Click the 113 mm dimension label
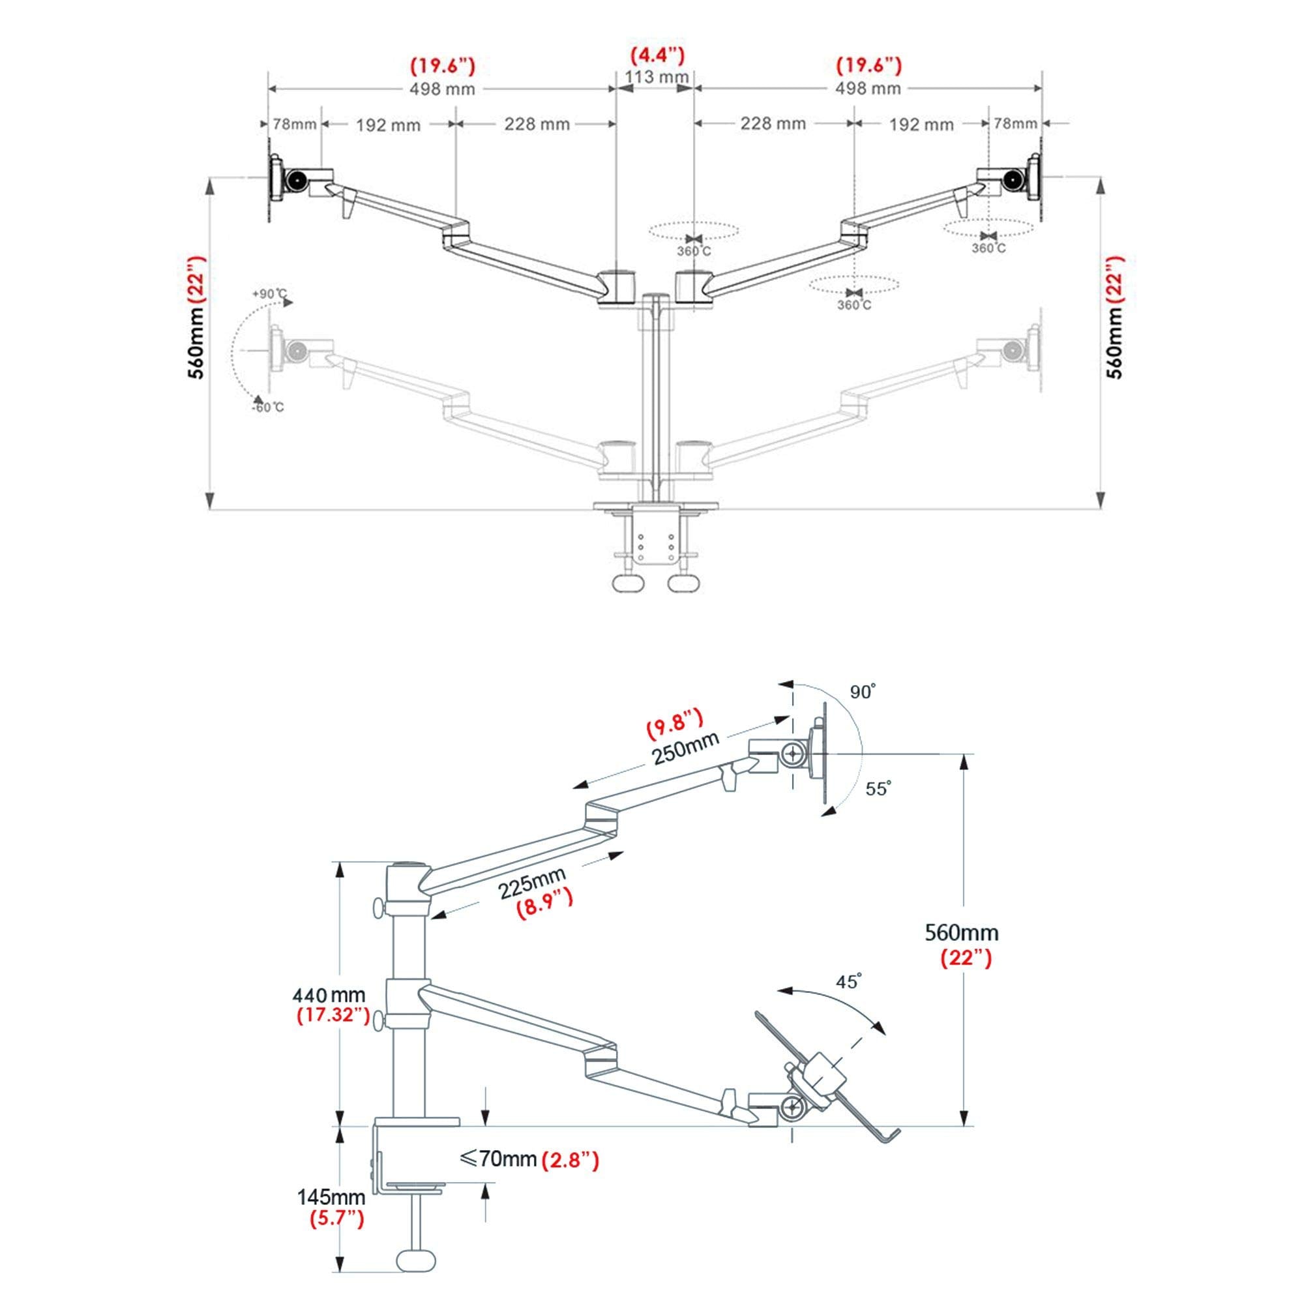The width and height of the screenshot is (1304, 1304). coord(656,77)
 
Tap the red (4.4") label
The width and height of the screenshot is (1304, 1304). coord(657,55)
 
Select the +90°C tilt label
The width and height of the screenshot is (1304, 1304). coord(269,293)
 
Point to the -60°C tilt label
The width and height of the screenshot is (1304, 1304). coord(268,407)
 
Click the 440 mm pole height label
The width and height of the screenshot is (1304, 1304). coord(329,995)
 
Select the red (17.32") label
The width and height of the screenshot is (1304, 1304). coord(333,1015)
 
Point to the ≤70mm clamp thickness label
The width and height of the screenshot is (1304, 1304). coord(498,1159)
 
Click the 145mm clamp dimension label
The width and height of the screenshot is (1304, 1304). coord(331,1197)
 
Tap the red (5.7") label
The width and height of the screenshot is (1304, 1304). coord(337,1219)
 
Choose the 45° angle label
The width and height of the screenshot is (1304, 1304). coord(849,981)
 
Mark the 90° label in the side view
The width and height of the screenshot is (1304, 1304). coord(863,692)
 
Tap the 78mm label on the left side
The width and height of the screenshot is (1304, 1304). coord(294,124)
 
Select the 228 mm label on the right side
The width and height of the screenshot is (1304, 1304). coord(773,123)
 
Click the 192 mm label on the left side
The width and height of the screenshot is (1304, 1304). coord(388,125)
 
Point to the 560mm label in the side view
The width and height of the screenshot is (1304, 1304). coord(961,933)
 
